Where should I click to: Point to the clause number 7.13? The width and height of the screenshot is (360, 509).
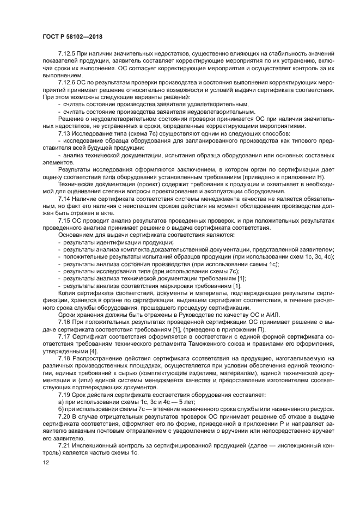coord(64,134)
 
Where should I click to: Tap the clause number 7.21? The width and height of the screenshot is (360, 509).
coord(64,445)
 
